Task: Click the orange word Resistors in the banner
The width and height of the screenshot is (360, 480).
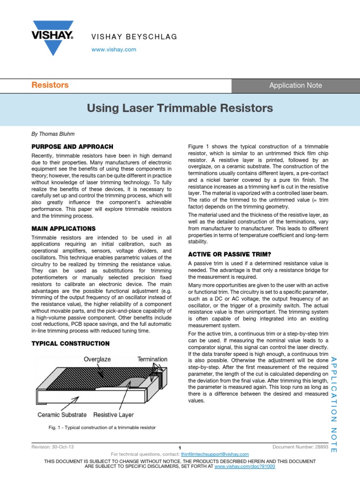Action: click(50, 85)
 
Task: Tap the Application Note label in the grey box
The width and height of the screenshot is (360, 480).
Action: click(295, 85)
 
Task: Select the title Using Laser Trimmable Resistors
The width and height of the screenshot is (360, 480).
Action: click(180, 108)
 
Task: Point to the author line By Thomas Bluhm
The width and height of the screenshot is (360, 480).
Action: click(53, 134)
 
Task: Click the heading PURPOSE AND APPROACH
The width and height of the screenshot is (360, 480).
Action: click(72, 147)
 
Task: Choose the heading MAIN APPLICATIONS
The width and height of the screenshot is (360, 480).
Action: click(63, 228)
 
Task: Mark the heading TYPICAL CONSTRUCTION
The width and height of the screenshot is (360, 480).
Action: click(70, 343)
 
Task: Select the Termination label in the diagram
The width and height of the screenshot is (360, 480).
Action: click(152, 359)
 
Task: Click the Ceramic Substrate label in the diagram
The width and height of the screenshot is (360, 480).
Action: click(62, 415)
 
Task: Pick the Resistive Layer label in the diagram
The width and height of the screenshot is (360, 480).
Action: click(113, 415)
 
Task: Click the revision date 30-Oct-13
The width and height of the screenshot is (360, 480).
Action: click(63, 447)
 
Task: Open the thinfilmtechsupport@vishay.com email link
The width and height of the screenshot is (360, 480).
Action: click(215, 454)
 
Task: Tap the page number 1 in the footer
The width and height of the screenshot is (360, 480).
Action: click(180, 448)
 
